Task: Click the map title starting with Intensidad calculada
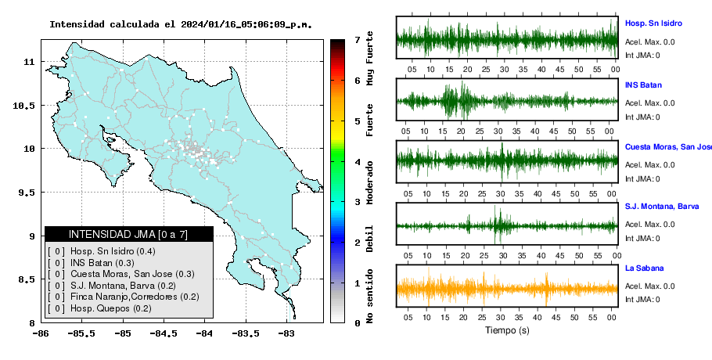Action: [181, 24]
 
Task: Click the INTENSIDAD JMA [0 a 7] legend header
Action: [128, 234]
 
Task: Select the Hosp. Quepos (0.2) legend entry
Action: [111, 308]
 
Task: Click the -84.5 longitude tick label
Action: [164, 334]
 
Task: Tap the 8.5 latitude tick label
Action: [27, 279]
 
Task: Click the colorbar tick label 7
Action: [357, 40]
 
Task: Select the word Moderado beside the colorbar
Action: [369, 182]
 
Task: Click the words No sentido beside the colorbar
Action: [369, 296]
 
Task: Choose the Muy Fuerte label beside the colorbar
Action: [369, 58]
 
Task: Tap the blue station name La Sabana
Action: [645, 268]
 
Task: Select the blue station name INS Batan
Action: [643, 85]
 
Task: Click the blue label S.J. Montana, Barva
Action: [662, 207]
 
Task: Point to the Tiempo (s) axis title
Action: [507, 330]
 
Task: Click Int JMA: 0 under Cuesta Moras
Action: [642, 179]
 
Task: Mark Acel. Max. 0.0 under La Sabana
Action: [649, 286]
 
